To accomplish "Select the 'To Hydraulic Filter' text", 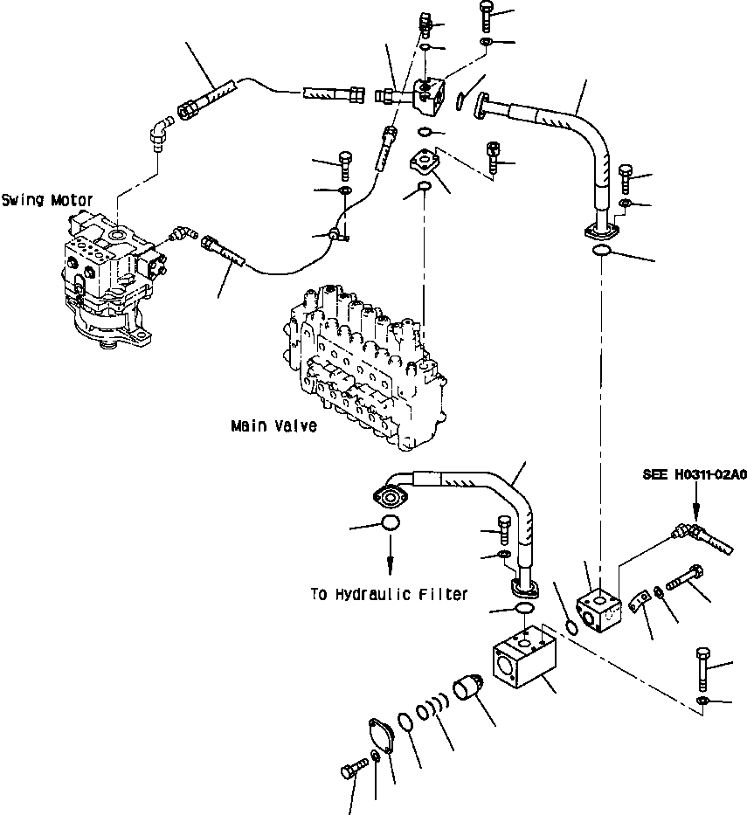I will (x=389, y=594).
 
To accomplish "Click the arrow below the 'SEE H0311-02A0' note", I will (x=695, y=503).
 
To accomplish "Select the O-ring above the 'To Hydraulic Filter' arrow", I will (x=390, y=524).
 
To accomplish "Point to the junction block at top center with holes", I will (x=431, y=94).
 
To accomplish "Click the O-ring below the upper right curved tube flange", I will (x=601, y=253).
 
